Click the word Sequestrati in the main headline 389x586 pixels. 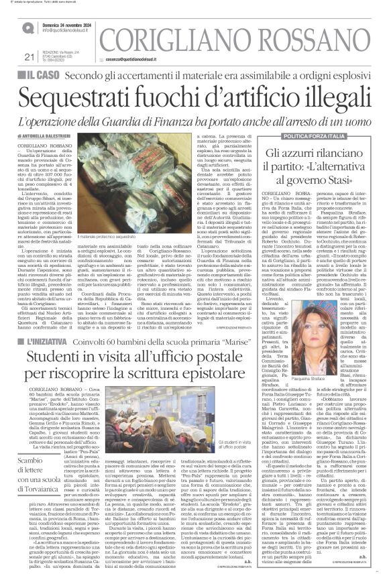tap(80, 100)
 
